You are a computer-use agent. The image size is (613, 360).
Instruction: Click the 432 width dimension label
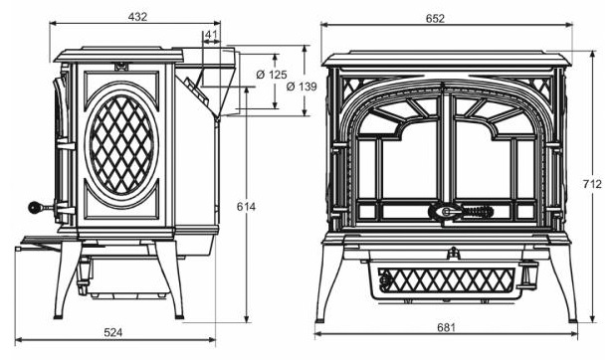pyautogui.click(x=137, y=17)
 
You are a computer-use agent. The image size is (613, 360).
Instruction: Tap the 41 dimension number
pyautogui.click(x=211, y=35)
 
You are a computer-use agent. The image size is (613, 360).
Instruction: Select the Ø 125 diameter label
pyautogui.click(x=272, y=75)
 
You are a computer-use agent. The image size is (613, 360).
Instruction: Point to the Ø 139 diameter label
pyautogui.click(x=302, y=87)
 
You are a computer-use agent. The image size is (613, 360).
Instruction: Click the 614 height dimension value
pyautogui.click(x=246, y=207)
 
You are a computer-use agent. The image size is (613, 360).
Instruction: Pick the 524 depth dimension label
pyautogui.click(x=113, y=332)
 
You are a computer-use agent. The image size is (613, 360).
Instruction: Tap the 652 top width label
pyautogui.click(x=435, y=19)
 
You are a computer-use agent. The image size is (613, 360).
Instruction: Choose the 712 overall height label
pyautogui.click(x=592, y=184)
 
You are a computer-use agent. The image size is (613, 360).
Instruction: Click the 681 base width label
pyautogui.click(x=446, y=327)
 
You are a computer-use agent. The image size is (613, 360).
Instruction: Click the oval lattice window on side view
pyautogui.click(x=121, y=144)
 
